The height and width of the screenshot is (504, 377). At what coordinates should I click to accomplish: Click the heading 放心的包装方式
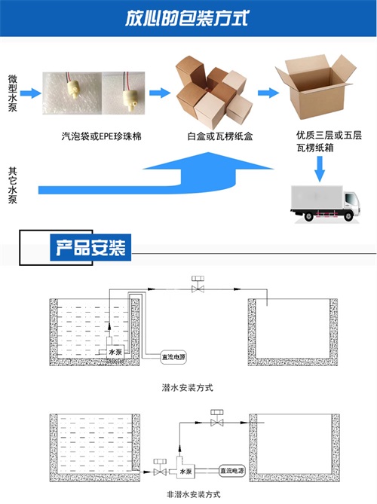click(187, 18)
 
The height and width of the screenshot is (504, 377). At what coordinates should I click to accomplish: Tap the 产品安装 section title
click(90, 248)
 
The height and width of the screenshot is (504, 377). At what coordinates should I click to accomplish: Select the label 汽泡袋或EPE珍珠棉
click(101, 136)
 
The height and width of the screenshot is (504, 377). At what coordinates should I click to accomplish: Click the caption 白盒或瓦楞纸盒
click(220, 136)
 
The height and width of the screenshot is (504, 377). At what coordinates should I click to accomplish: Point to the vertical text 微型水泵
click(13, 93)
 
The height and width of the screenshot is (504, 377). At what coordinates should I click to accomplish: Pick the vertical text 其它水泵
click(13, 185)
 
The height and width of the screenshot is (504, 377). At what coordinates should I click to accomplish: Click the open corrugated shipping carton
click(315, 87)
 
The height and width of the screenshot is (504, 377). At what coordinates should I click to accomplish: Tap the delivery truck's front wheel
click(348, 215)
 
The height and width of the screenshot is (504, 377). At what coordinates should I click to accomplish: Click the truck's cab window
click(351, 200)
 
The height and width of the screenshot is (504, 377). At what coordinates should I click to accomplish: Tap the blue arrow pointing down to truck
click(320, 169)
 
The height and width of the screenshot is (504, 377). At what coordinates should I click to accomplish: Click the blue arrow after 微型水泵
click(31, 93)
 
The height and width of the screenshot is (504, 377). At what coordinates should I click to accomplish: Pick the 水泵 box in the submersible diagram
click(115, 352)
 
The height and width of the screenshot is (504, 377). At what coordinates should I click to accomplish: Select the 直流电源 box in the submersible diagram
click(173, 357)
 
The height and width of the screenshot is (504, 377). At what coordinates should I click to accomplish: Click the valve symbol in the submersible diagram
click(198, 285)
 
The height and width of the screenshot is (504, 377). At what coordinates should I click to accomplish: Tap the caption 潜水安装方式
click(187, 388)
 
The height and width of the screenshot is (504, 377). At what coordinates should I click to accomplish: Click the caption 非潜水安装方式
click(194, 494)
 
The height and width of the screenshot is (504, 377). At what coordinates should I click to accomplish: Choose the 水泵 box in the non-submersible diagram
click(185, 472)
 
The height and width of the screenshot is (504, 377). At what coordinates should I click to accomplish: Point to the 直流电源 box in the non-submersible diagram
click(232, 471)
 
